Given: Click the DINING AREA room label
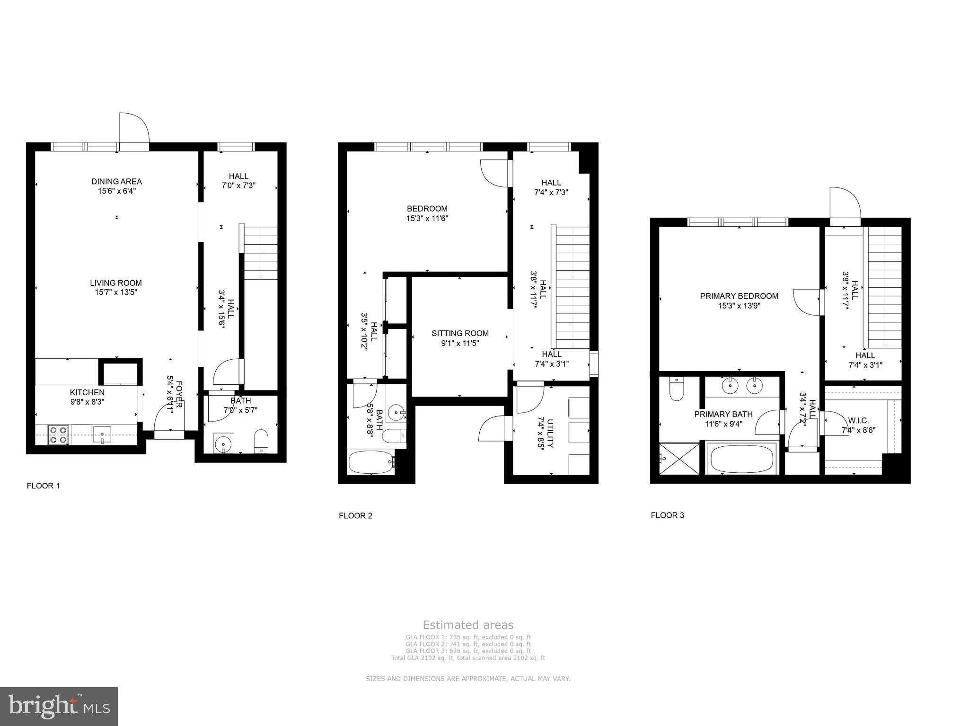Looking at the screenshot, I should (x=116, y=181).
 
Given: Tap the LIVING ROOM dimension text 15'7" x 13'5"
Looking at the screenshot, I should (x=116, y=292).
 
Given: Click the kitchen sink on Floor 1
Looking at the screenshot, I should (x=102, y=434).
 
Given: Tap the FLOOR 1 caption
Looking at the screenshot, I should (x=43, y=486).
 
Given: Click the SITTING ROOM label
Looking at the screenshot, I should (x=460, y=333).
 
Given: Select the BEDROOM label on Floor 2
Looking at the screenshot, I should (x=427, y=209).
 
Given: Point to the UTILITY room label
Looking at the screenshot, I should (x=550, y=433).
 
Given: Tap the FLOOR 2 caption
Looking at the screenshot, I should (x=355, y=515).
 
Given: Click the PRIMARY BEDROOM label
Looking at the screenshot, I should (x=739, y=296).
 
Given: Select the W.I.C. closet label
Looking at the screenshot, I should (x=858, y=420).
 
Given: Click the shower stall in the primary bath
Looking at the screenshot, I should (x=679, y=458).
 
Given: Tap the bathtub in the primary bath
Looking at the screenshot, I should (x=742, y=458).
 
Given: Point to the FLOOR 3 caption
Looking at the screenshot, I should (x=667, y=515).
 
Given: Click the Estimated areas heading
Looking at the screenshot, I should (x=468, y=625).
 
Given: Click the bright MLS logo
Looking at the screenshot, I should (x=59, y=707).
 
